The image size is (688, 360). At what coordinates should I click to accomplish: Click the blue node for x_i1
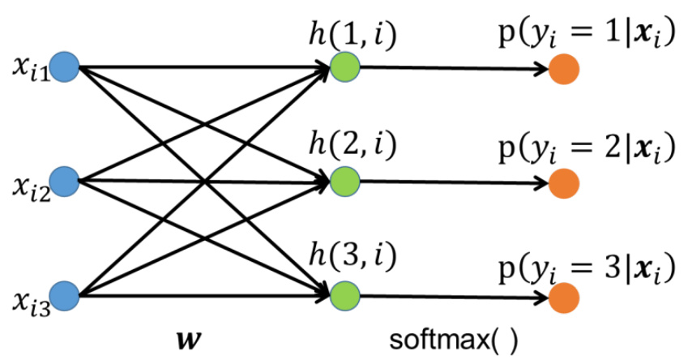click(x=65, y=66)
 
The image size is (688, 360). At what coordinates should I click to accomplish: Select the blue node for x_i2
click(x=65, y=181)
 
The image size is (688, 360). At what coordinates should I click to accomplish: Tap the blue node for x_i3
click(x=65, y=294)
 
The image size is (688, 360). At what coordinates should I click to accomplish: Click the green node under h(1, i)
click(x=344, y=66)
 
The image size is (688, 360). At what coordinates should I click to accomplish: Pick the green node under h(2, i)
click(x=344, y=181)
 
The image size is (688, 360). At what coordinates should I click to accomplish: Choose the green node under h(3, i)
click(x=344, y=294)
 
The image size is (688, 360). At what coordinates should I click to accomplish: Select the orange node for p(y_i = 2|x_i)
click(x=562, y=182)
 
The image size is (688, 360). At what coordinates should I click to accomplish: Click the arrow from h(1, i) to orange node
click(x=454, y=67)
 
